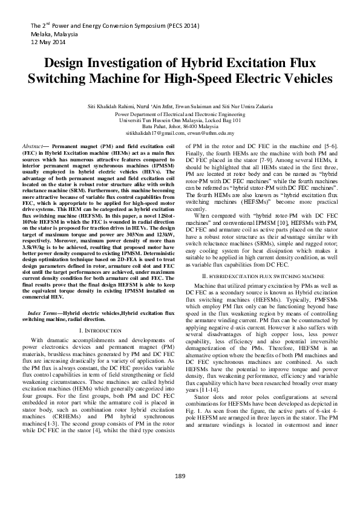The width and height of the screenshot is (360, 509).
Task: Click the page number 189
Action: pos(180,476)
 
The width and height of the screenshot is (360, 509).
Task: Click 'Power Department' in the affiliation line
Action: pos(137,113)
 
